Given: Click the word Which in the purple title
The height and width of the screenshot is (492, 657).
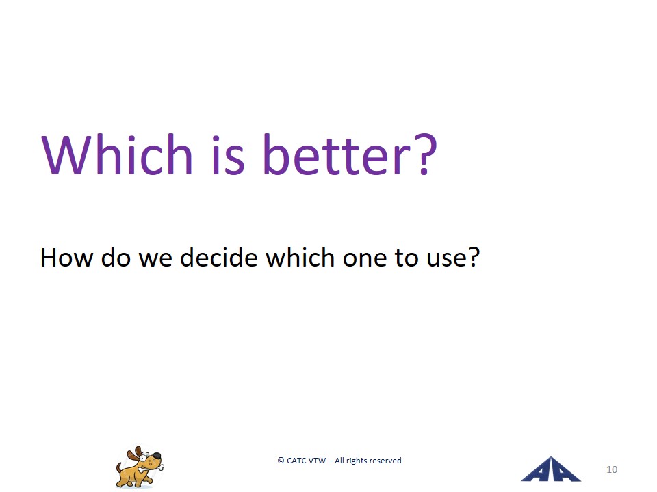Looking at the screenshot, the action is pyautogui.click(x=117, y=154).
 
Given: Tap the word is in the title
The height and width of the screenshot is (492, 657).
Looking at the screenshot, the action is pyautogui.click(x=228, y=154).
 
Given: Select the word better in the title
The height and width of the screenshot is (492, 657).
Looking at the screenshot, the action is pyautogui.click(x=337, y=154).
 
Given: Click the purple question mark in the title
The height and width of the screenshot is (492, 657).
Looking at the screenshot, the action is pyautogui.click(x=425, y=154).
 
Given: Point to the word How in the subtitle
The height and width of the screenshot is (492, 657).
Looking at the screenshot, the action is pyautogui.click(x=66, y=258).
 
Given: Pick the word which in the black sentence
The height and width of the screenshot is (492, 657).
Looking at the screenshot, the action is pyautogui.click(x=300, y=257).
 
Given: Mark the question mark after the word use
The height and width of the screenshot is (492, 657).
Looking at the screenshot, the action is pyautogui.click(x=472, y=257).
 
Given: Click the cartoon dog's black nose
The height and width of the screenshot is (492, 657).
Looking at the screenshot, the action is pyautogui.click(x=156, y=456).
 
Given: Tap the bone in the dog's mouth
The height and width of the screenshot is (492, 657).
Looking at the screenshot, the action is pyautogui.click(x=152, y=467).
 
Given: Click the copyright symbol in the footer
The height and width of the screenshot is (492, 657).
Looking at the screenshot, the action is pyautogui.click(x=281, y=461).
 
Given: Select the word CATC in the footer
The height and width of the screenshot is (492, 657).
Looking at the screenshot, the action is pyautogui.click(x=296, y=461).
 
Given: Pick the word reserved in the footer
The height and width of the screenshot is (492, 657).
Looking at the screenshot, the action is pyautogui.click(x=384, y=461).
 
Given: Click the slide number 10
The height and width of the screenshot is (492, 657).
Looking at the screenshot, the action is pyautogui.click(x=612, y=470).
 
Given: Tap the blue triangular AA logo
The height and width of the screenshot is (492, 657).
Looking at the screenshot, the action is pyautogui.click(x=550, y=469).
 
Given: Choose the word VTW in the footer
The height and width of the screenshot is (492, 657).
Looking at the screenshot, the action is pyautogui.click(x=317, y=461).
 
